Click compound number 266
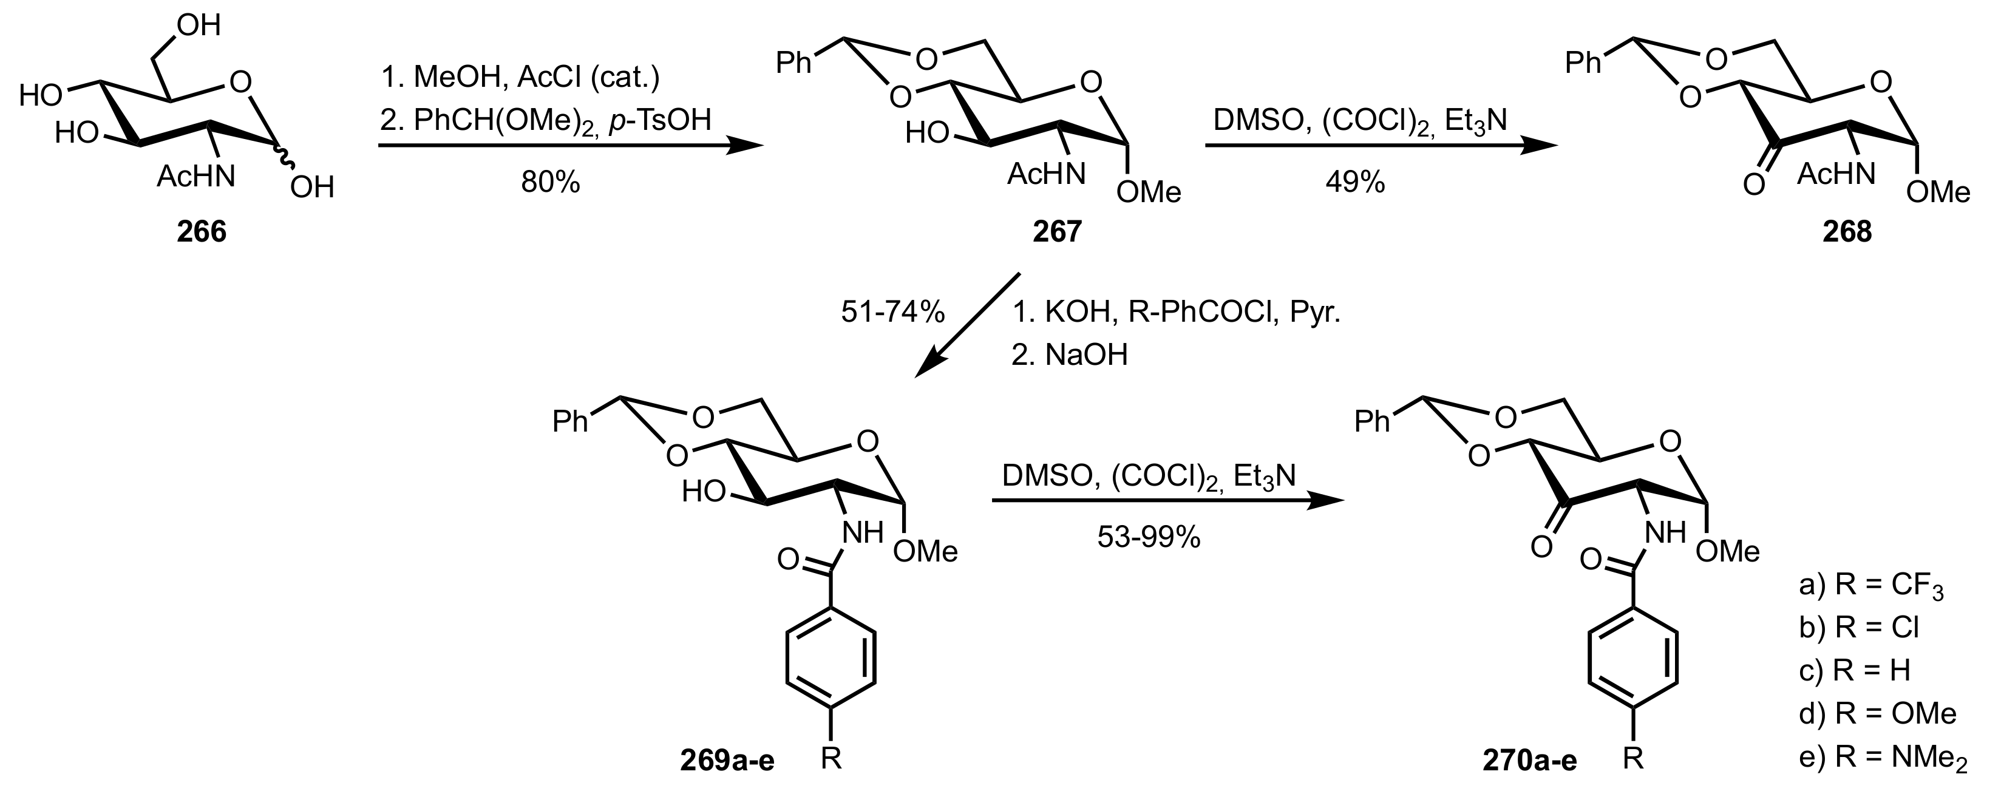[201, 231]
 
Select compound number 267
[1057, 231]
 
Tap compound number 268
[1847, 231]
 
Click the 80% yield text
[551, 183]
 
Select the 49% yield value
[1356, 183]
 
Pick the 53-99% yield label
[1149, 536]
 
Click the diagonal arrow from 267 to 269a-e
[967, 325]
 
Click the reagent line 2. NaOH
[1069, 355]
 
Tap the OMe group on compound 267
[1148, 191]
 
